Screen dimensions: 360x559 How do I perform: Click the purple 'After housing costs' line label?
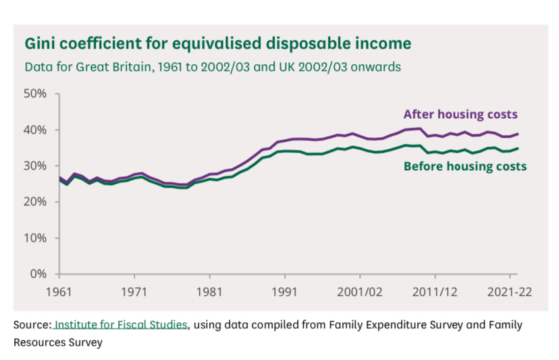pos(460,114)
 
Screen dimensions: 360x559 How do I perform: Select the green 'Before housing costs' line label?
pos(464,166)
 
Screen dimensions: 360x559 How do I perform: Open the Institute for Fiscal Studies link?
pos(121,325)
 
